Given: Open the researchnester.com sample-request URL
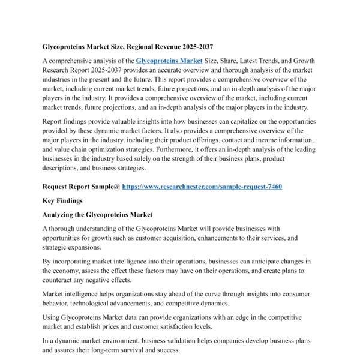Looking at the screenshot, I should click(x=202, y=187).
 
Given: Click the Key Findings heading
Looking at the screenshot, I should click(x=63, y=200).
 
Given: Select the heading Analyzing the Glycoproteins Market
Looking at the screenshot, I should click(x=98, y=214).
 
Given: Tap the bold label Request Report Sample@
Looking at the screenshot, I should click(x=81, y=187).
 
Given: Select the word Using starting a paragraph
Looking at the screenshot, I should click(x=52, y=317).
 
